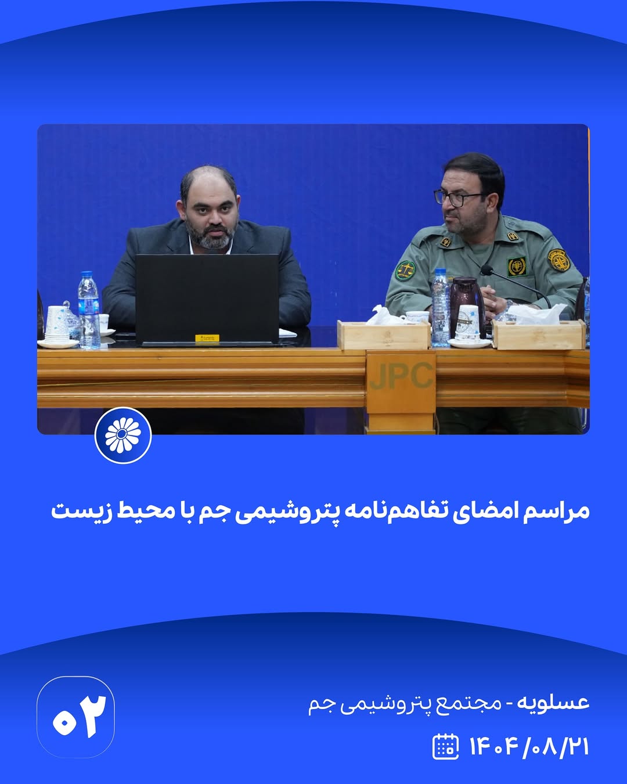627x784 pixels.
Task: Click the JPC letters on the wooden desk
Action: pyautogui.click(x=401, y=376)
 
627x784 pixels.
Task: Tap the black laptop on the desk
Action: pyautogui.click(x=207, y=300)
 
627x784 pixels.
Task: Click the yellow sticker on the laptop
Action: pyautogui.click(x=207, y=338)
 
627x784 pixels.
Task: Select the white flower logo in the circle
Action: pyautogui.click(x=123, y=435)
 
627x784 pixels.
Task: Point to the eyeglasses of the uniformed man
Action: pyautogui.click(x=457, y=198)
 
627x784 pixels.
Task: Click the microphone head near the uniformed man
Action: pyautogui.click(x=487, y=270)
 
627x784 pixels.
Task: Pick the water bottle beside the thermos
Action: pyautogui.click(x=441, y=307)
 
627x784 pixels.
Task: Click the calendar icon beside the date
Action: pyautogui.click(x=445, y=747)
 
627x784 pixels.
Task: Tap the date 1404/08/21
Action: pyautogui.click(x=529, y=747)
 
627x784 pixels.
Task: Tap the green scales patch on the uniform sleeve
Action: pyautogui.click(x=405, y=270)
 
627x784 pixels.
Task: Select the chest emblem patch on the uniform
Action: pyautogui.click(x=517, y=267)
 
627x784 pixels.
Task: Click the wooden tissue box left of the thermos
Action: pyautogui.click(x=384, y=335)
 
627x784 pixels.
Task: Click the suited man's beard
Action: pyautogui.click(x=210, y=236)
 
